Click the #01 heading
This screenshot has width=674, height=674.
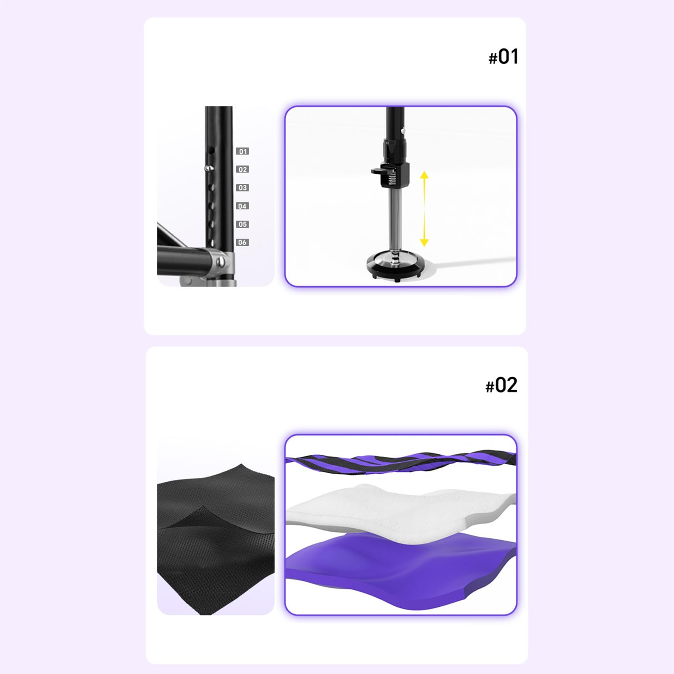[x=503, y=57]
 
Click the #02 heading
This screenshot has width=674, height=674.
[x=501, y=385]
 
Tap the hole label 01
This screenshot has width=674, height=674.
[x=242, y=151]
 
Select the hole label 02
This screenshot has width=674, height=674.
[x=242, y=169]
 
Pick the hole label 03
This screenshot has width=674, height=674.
[x=242, y=188]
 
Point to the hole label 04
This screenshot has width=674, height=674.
[x=242, y=206]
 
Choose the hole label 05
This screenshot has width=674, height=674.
[x=242, y=224]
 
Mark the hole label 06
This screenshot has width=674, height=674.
[x=242, y=242]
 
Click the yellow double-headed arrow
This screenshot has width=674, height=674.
[x=424, y=208]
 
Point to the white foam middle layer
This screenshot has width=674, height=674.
[x=400, y=509]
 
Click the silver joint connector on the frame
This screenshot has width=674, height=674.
[x=220, y=262]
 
